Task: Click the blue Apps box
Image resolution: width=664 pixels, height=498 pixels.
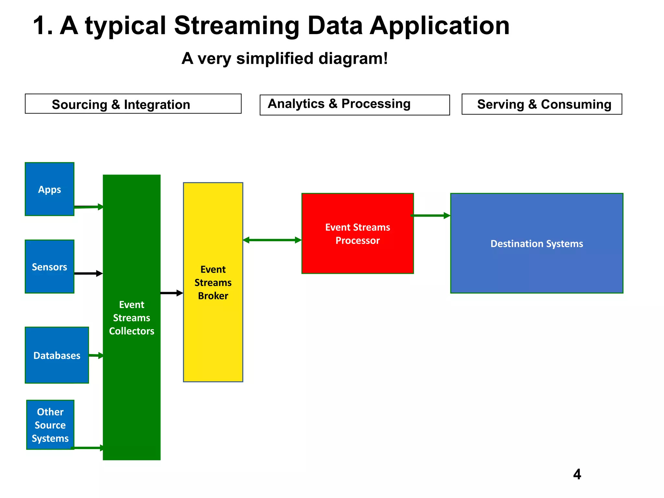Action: [49, 189]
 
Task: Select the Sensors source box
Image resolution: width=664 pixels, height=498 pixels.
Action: [49, 267]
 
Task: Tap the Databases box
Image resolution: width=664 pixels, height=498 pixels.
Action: [57, 355]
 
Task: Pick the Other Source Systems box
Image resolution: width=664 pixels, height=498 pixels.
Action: [50, 425]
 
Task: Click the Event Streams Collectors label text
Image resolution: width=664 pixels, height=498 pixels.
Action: [132, 318]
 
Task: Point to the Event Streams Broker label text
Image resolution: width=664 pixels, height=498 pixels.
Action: [213, 282]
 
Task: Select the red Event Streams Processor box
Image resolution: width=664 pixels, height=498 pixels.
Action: [357, 233]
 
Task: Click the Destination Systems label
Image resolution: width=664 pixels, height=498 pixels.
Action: [537, 243]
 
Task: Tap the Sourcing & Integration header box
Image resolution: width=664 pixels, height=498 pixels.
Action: [133, 104]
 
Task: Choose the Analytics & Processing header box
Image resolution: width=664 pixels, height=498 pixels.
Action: [355, 104]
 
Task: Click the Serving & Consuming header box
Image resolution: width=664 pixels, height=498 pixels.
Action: [542, 104]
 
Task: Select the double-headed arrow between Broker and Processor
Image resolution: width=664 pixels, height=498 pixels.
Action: [272, 240]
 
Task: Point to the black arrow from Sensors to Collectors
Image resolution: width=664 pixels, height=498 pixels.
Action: [88, 274]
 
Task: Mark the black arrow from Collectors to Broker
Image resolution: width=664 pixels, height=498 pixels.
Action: [172, 293]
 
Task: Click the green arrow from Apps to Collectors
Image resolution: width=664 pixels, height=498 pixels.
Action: [88, 207]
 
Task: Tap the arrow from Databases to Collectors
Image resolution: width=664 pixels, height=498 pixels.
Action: [96, 356]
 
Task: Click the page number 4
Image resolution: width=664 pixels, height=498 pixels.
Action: [577, 474]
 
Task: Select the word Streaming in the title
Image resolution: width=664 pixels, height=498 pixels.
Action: [237, 26]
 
